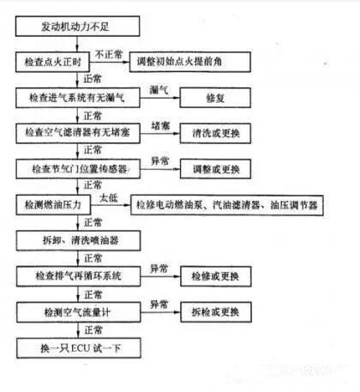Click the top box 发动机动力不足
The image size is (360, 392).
coord(78,26)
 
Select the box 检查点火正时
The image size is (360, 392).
coord(52,62)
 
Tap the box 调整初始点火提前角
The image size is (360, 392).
coord(190,62)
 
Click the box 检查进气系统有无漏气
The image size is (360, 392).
coord(78,98)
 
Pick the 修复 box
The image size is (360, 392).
coord(215,98)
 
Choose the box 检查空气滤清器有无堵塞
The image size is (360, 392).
coord(78,133)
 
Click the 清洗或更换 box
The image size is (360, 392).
coord(215,133)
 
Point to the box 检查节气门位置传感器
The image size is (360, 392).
coord(78,169)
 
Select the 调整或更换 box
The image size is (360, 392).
coord(215,169)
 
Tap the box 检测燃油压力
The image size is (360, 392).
coord(53,205)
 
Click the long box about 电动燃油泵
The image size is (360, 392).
coord(227,205)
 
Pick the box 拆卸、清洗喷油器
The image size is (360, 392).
coord(78,241)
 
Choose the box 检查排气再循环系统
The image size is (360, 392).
coord(78,276)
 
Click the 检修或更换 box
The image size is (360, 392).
coord(216,276)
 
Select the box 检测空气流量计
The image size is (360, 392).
coord(79,312)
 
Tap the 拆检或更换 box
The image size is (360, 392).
coord(216,312)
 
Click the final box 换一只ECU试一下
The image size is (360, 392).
coord(79,348)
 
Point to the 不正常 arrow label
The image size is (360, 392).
coord(109,54)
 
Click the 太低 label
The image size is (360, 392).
coord(109,197)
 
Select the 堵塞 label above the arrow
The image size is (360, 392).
coord(160,126)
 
